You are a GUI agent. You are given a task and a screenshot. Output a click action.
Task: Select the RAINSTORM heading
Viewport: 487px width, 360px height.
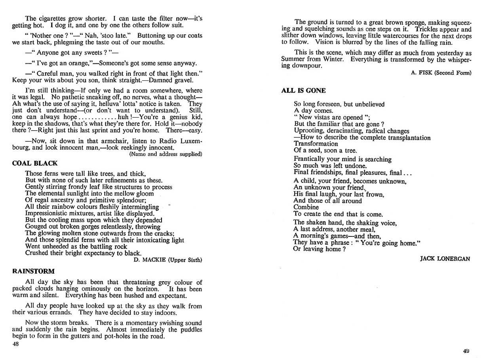click(x=34, y=271)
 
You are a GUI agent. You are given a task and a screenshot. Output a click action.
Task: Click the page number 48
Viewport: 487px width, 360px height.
click(x=16, y=344)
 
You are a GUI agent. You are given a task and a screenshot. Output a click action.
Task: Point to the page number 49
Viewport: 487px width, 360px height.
click(x=466, y=350)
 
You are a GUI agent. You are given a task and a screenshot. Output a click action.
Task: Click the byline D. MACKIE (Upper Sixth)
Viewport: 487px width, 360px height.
click(x=168, y=260)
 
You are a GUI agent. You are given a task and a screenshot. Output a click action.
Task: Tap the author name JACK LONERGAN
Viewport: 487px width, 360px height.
click(x=445, y=259)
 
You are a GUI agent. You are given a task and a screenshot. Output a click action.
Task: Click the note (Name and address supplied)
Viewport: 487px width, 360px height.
click(x=166, y=154)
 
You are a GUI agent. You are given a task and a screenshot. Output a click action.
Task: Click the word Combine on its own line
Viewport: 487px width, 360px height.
click(x=306, y=207)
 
